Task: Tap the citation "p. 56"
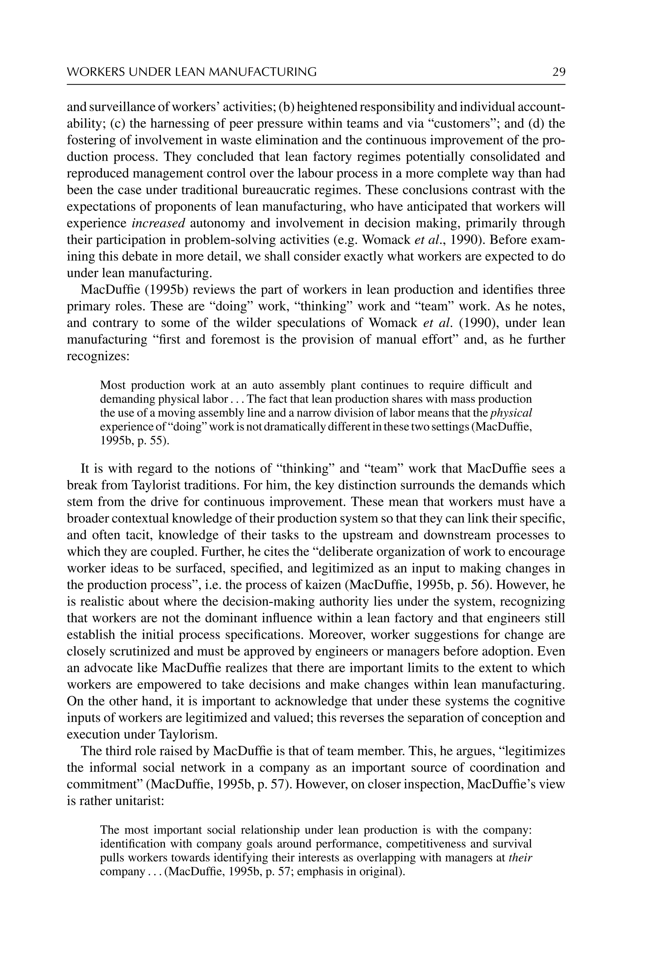[479, 585]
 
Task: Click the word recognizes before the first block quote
[98, 356]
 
